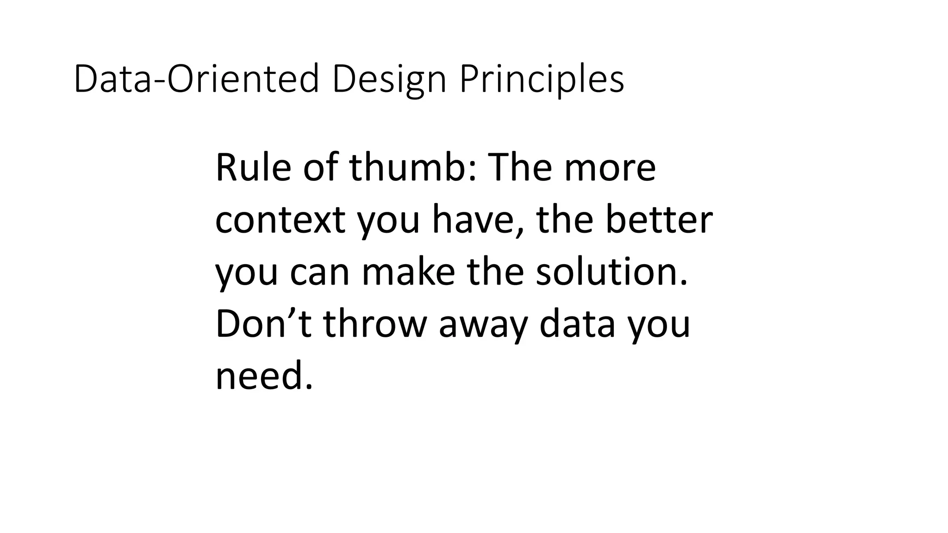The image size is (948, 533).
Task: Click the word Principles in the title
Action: click(542, 80)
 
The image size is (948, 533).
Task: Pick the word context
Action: click(280, 220)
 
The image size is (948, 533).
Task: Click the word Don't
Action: click(263, 324)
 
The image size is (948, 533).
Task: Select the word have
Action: click(473, 220)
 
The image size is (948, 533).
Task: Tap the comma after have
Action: click(521, 231)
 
